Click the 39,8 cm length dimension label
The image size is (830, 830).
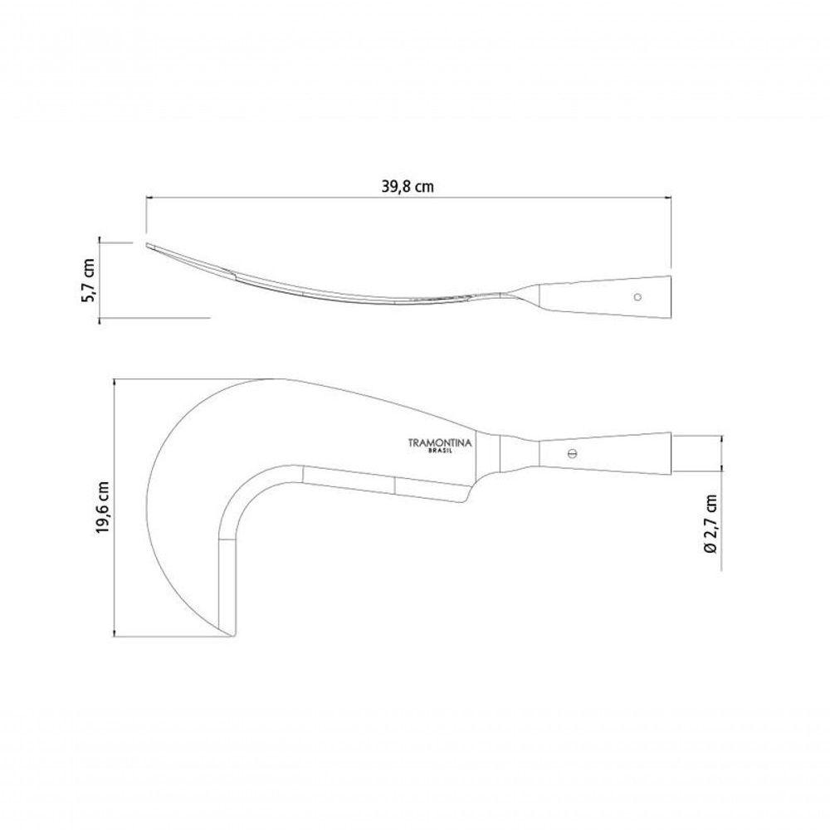click(407, 186)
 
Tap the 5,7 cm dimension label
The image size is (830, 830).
click(88, 280)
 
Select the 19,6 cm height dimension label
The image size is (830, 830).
click(103, 507)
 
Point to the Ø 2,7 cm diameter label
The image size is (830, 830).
click(711, 524)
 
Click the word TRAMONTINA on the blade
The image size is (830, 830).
click(439, 442)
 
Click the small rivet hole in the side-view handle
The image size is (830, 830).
click(637, 297)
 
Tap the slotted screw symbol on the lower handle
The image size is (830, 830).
click(571, 454)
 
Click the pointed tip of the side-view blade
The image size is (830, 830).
click(147, 244)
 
